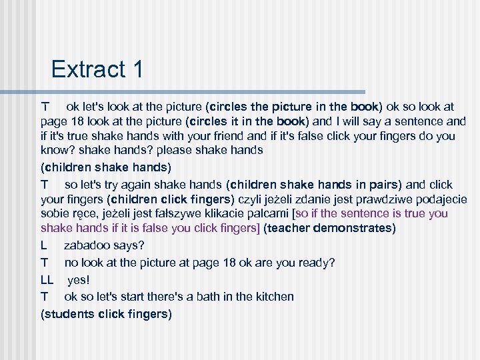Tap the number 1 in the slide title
click(137, 69)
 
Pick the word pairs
click(381, 185)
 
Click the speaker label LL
click(47, 279)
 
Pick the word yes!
click(79, 279)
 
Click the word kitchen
click(273, 297)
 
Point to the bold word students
click(70, 313)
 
